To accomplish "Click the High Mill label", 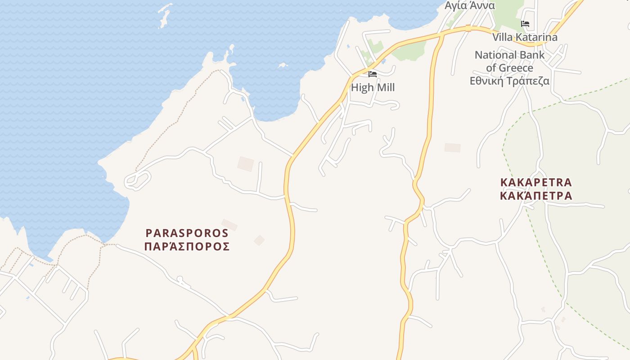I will [x=373, y=87].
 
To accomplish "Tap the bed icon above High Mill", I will [x=373, y=74].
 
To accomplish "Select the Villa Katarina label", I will [x=525, y=37].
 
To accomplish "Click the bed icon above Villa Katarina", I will [x=525, y=24].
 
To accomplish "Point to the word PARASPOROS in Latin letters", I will [x=187, y=233].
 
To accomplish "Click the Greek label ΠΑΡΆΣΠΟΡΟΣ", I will [x=187, y=246].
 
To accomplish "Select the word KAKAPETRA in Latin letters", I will [x=536, y=182].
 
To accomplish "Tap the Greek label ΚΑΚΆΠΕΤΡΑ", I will [x=536, y=196].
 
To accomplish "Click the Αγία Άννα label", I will [x=470, y=5].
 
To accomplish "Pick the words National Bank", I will [x=509, y=55].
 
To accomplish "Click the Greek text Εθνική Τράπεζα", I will [x=509, y=81].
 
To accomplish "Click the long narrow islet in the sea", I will [x=165, y=16].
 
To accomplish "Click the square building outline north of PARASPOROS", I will [x=246, y=164].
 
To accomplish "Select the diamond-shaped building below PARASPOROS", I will [x=259, y=240].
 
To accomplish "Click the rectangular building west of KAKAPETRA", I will [x=453, y=148].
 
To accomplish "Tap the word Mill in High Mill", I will [x=385, y=87].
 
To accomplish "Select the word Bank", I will [x=532, y=55].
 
